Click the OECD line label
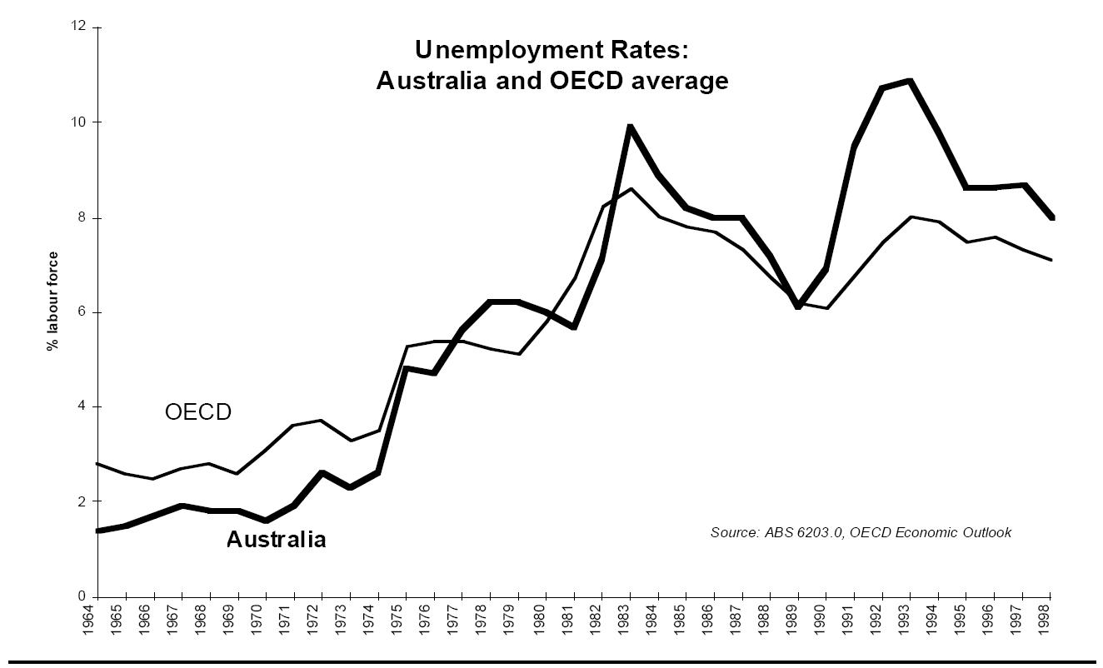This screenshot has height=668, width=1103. [x=197, y=412]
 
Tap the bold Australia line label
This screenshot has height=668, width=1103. [x=276, y=540]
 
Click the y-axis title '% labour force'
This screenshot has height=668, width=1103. [x=53, y=301]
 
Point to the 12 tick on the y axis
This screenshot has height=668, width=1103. [x=82, y=27]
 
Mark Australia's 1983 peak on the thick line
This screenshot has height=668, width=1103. [x=630, y=127]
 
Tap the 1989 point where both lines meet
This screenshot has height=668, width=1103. [x=799, y=305]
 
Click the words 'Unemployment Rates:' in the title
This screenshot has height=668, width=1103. [x=551, y=51]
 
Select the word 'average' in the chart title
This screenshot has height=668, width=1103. [x=684, y=81]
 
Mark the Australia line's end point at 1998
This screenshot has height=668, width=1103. [x=1052, y=218]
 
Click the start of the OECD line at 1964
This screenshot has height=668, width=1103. [x=98, y=463]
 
